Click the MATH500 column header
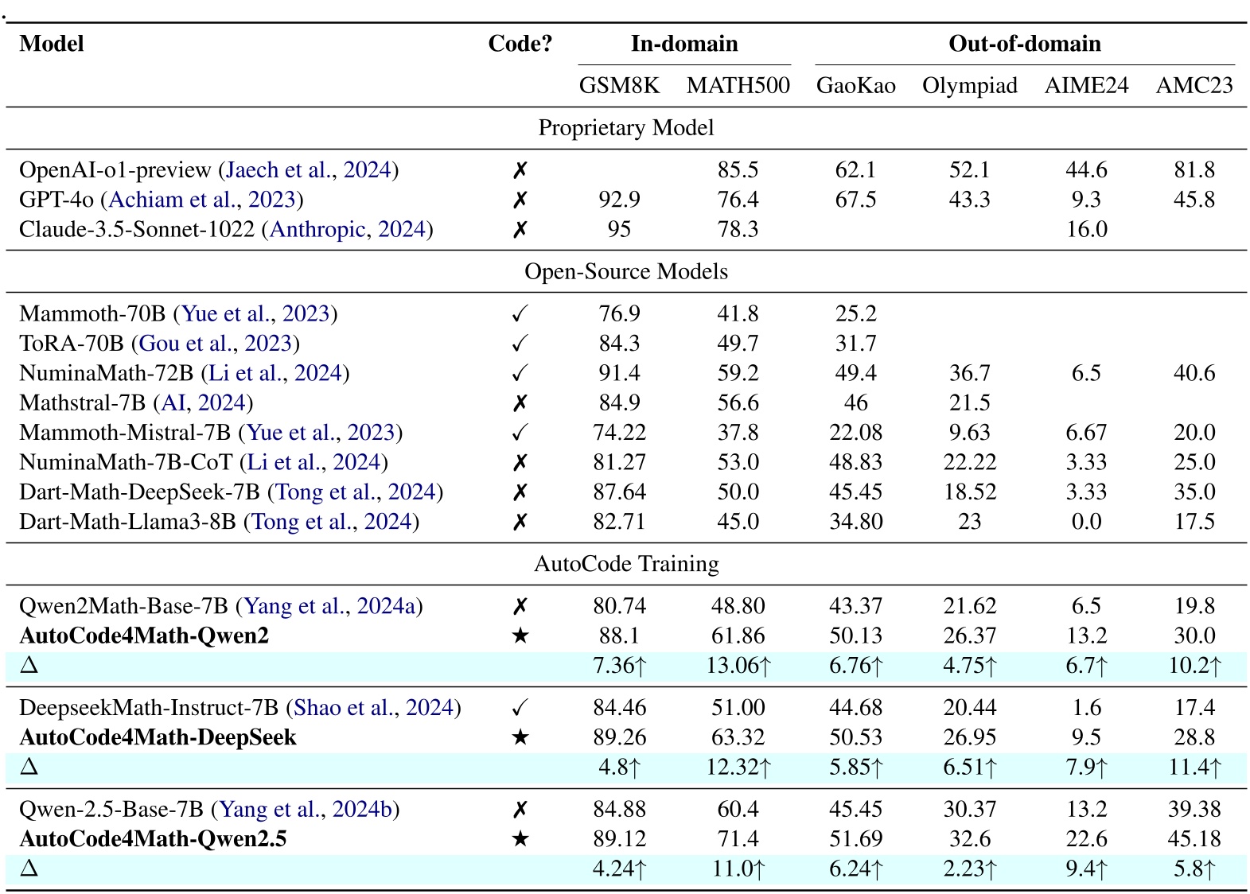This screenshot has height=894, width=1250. pyautogui.click(x=738, y=86)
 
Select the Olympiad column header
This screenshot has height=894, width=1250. pyautogui.click(x=969, y=86)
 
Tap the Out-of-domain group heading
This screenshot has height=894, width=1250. pyautogui.click(x=1024, y=44)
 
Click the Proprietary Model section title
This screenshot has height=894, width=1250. pyautogui.click(x=625, y=128)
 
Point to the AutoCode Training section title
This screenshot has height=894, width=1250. pyautogui.click(x=625, y=564)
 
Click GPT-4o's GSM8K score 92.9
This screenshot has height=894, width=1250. pyautogui.click(x=619, y=200)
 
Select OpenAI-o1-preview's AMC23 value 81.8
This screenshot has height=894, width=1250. pyautogui.click(x=1194, y=170)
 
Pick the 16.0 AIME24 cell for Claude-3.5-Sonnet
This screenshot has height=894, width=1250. pyautogui.click(x=1086, y=230)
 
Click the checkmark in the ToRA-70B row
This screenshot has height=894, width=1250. pyautogui.click(x=520, y=344)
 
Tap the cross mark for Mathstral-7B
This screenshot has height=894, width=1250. pyautogui.click(x=520, y=403)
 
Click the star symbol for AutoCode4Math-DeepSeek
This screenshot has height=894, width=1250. pyautogui.click(x=520, y=737)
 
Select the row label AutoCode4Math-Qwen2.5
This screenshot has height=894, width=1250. pyautogui.click(x=153, y=839)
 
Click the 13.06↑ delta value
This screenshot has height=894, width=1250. pyautogui.click(x=738, y=666)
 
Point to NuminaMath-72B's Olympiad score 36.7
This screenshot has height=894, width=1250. pyautogui.click(x=969, y=373)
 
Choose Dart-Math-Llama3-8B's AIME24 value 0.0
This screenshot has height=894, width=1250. pyautogui.click(x=1086, y=522)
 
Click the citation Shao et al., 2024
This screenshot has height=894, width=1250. pyautogui.click(x=374, y=708)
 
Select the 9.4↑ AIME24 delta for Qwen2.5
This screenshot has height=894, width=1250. pyautogui.click(x=1086, y=869)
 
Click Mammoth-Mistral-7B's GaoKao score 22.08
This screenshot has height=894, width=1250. pyautogui.click(x=855, y=433)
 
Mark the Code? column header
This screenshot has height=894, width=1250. pyautogui.click(x=520, y=44)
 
